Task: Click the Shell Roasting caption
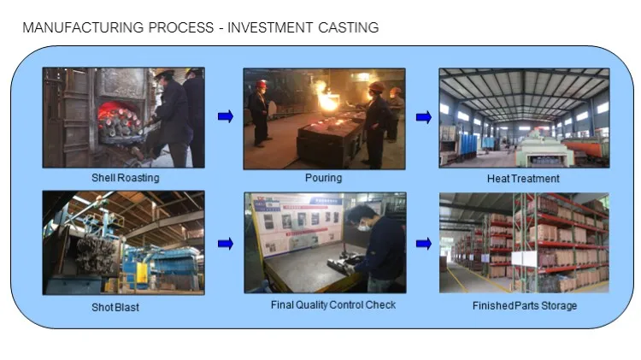pyautogui.click(x=126, y=178)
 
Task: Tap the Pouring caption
pyautogui.click(x=323, y=178)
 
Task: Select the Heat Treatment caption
pyautogui.click(x=523, y=179)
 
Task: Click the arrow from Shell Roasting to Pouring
pyautogui.click(x=226, y=116)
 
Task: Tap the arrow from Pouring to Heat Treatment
pyautogui.click(x=422, y=116)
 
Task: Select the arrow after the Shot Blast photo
pyautogui.click(x=226, y=244)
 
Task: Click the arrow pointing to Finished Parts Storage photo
pyautogui.click(x=422, y=244)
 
